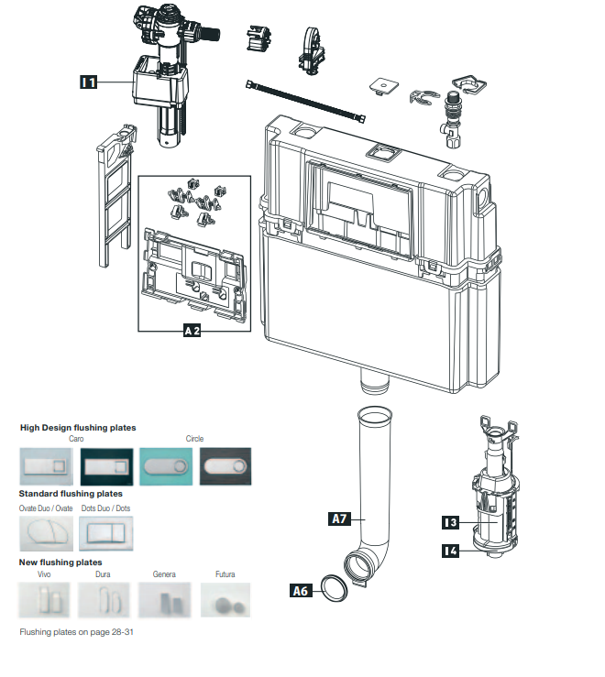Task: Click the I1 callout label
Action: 89,82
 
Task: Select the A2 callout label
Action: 192,332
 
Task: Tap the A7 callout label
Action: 339,519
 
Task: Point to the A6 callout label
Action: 300,591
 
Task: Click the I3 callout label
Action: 449,522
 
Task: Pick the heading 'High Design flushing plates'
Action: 77,428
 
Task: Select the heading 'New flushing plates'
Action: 60,562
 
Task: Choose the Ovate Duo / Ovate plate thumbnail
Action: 46,532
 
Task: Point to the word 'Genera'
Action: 165,574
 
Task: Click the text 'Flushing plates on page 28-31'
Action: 77,632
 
